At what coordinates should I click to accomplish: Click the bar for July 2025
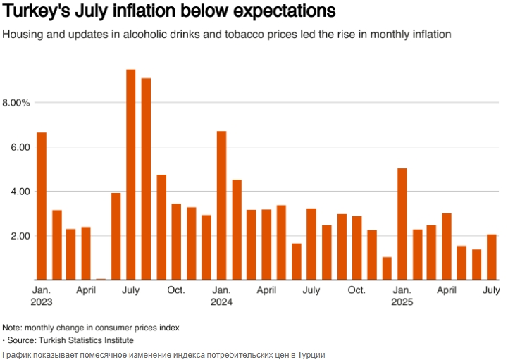(492, 257)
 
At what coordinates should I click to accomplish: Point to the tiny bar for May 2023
(101, 279)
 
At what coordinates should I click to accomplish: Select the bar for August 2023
(146, 179)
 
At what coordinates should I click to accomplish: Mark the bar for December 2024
(387, 268)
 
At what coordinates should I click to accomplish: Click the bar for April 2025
(447, 247)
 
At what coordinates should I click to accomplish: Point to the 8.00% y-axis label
(16, 103)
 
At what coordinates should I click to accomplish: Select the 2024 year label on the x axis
(221, 302)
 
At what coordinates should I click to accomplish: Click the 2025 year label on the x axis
(402, 302)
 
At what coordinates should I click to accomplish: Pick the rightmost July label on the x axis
(491, 290)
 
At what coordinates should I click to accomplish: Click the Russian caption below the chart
(163, 354)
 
